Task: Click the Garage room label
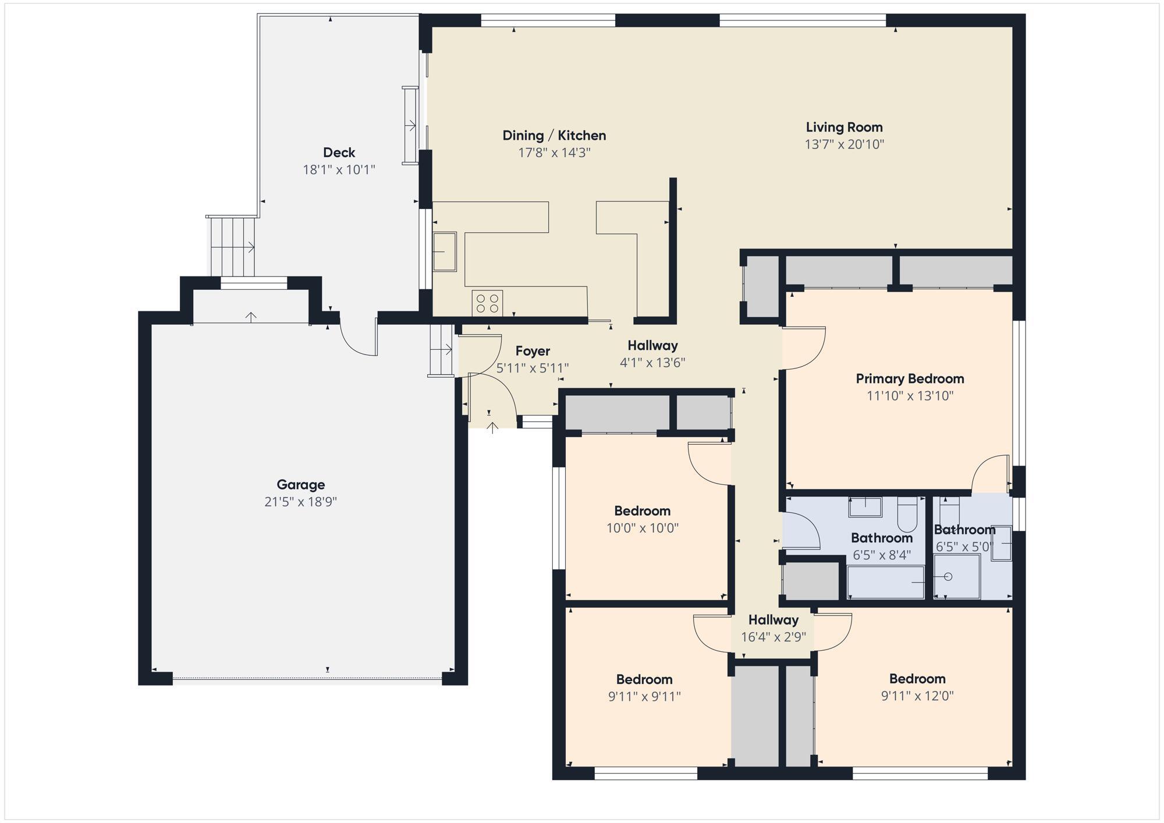[x=300, y=484]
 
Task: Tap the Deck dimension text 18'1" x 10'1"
[x=339, y=170]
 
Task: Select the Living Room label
[x=844, y=127]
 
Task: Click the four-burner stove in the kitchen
[x=487, y=303]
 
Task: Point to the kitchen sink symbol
[x=445, y=251]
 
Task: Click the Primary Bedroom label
[x=910, y=379]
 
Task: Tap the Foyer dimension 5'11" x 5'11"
[x=532, y=368]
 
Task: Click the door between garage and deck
[x=358, y=338]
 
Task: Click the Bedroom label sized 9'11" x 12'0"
[x=917, y=679]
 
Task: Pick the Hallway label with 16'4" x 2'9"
[x=773, y=620]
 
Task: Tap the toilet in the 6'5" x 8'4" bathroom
[x=907, y=511]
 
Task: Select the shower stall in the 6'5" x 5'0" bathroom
[x=956, y=577]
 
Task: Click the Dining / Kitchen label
[x=554, y=136]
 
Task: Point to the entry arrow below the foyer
[x=492, y=428]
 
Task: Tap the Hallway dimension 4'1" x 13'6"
[x=652, y=363]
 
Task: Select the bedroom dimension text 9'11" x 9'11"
[x=644, y=697]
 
